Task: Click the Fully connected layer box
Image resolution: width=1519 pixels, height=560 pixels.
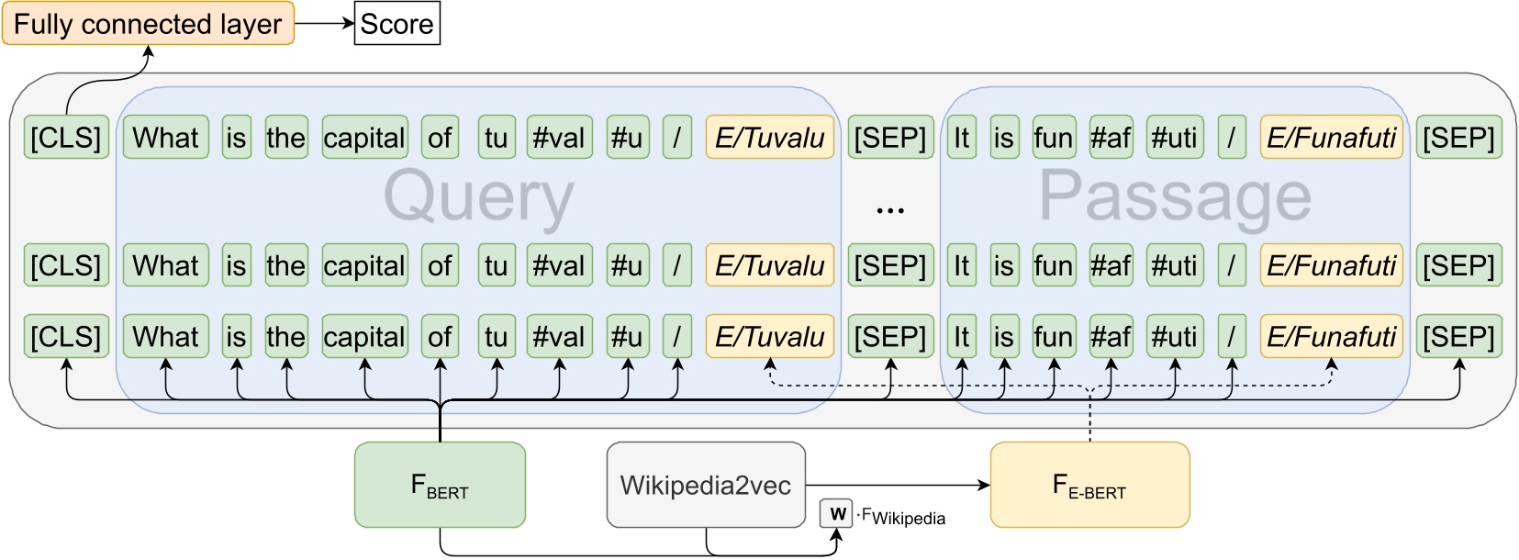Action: [x=148, y=24]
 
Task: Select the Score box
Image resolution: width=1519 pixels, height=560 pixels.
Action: [x=397, y=24]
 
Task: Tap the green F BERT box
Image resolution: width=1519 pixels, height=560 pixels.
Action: [x=440, y=485]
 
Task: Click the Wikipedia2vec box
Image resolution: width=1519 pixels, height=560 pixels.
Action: [x=705, y=485]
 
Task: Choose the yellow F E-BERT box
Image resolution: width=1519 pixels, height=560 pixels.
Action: [x=1089, y=485]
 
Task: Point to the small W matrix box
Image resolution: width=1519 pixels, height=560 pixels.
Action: [x=836, y=514]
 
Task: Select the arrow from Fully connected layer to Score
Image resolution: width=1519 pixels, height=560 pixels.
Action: [x=324, y=24]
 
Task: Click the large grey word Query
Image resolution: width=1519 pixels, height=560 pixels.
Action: [x=478, y=197]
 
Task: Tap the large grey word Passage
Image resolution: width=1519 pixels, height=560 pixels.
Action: [x=1175, y=197]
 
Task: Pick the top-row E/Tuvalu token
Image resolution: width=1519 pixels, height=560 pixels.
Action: [x=769, y=138]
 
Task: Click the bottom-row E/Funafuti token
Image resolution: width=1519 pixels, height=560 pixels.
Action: [x=1331, y=337]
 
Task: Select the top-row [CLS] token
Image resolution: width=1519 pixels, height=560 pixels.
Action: [x=66, y=138]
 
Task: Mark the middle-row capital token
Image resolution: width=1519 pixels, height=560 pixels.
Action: [x=364, y=265]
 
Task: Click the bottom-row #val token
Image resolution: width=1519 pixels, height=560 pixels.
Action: [x=558, y=337]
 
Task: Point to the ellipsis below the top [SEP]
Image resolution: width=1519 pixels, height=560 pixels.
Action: [x=889, y=211]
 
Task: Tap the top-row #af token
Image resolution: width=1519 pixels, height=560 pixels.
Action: [x=1111, y=138]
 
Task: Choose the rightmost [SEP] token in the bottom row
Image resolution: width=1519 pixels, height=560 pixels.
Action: [x=1458, y=337]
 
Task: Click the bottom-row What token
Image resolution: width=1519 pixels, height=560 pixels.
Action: [x=165, y=337]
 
